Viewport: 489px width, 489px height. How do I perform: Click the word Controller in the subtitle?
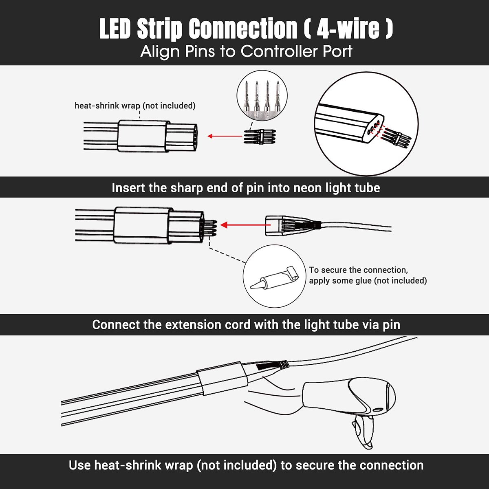click(x=279, y=51)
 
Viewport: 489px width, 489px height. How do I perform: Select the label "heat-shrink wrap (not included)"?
click(x=135, y=106)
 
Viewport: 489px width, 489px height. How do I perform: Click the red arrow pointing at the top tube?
click(x=225, y=136)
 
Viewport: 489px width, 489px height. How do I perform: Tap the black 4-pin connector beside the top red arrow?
click(x=260, y=137)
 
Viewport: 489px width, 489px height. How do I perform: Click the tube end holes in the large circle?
click(x=373, y=128)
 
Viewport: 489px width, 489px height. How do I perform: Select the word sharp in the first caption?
click(x=186, y=188)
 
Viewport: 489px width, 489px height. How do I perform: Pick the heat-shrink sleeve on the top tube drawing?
click(x=143, y=136)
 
